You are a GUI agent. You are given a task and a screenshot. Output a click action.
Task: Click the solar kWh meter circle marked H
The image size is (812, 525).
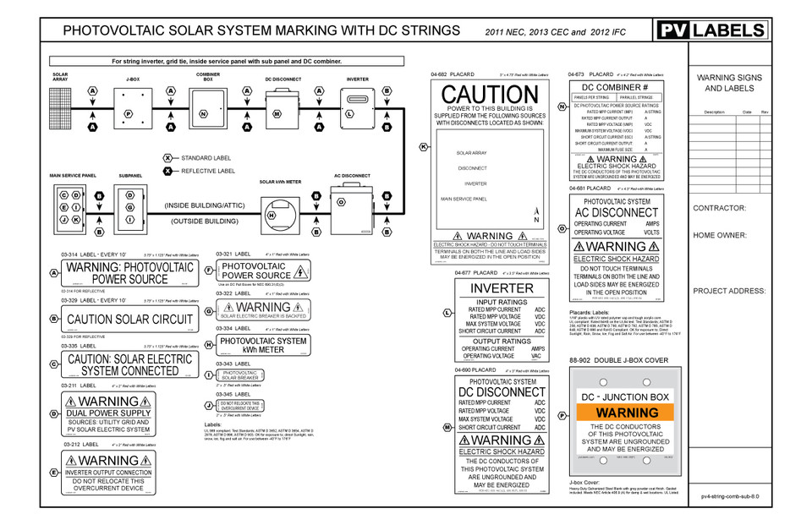click(x=272, y=215)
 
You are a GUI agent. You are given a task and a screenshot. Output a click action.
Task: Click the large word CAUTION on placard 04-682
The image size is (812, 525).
click(x=490, y=95)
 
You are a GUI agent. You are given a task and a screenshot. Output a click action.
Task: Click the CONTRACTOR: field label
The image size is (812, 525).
click(x=719, y=208)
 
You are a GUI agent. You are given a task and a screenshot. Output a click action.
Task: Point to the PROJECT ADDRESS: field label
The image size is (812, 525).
click(x=728, y=290)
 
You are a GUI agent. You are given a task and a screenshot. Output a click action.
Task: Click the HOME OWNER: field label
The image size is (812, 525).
click(x=720, y=236)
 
